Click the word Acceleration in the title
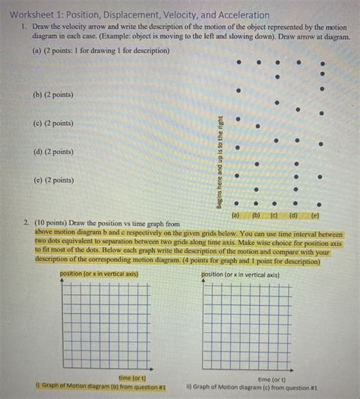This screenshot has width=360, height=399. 236,15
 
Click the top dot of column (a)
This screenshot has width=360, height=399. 238,62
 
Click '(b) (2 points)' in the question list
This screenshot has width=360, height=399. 53,95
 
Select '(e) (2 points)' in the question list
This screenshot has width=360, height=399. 53,181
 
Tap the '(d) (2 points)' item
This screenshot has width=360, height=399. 53,152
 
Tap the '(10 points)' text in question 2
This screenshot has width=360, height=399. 50,224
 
